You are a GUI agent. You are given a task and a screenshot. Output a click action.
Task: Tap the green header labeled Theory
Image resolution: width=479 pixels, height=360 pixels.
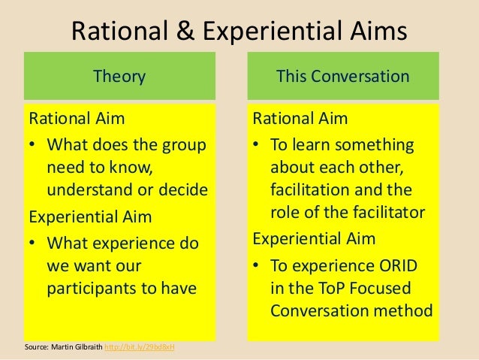click(119, 76)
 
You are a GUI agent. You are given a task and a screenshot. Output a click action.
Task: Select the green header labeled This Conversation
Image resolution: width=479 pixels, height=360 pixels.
click(342, 76)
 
